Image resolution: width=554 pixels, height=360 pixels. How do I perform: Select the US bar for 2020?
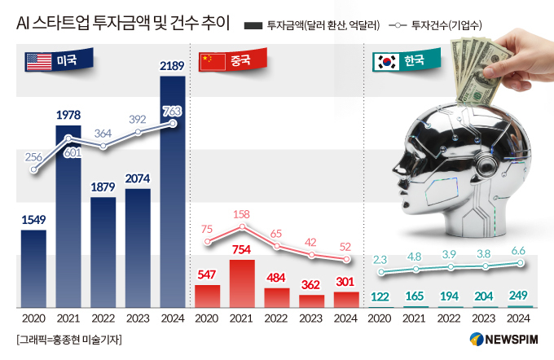point(33,268)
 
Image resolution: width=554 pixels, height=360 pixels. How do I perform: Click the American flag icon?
point(38,60)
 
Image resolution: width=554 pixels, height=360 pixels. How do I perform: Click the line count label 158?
point(242,215)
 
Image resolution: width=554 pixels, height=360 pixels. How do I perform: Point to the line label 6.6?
point(517,251)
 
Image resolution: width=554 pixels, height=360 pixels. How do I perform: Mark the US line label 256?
point(33,157)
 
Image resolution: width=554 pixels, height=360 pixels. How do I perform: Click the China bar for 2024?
point(346,299)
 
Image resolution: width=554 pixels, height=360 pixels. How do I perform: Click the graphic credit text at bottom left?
point(68,339)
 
